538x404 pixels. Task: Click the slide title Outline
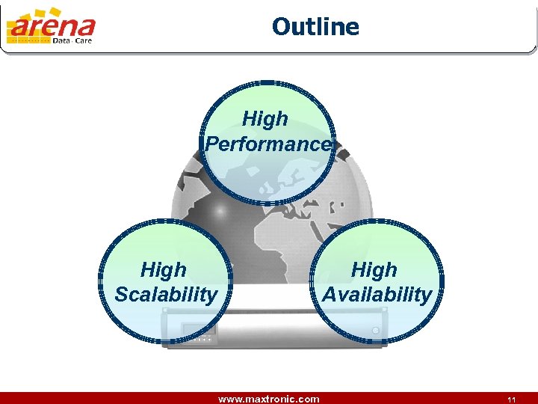point(315,27)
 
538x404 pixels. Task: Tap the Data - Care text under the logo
point(72,42)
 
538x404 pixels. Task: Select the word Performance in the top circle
point(268,144)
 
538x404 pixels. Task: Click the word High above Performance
point(265,119)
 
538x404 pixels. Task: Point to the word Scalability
point(165,294)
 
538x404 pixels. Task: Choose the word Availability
point(377,294)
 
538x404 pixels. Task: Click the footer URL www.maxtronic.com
point(268,399)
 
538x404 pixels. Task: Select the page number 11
point(512,400)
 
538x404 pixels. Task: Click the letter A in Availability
point(330,294)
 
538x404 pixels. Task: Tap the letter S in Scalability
point(121,294)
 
